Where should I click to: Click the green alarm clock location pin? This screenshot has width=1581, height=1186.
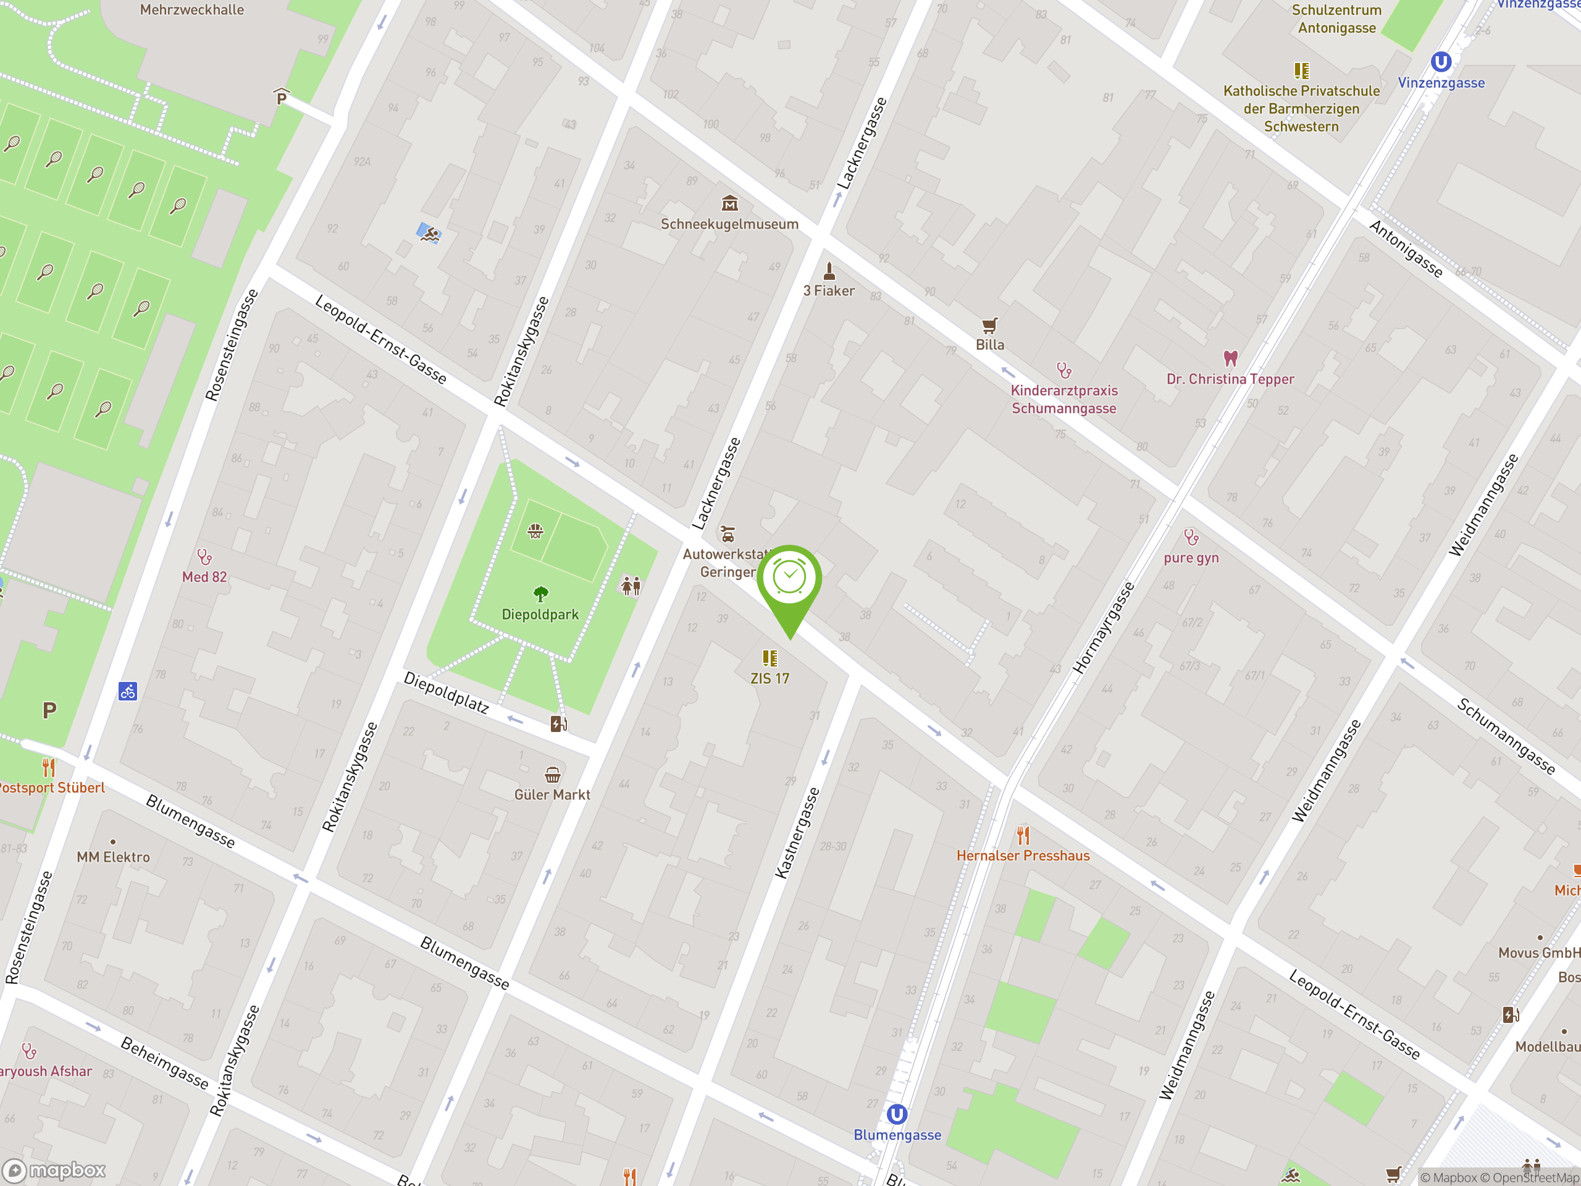(x=789, y=579)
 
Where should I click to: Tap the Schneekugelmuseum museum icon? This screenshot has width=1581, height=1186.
(x=729, y=204)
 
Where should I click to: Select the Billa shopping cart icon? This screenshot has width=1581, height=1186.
(x=989, y=326)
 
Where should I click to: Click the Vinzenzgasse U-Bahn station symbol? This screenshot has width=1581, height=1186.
(x=1440, y=62)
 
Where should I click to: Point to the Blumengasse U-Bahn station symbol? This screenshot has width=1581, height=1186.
(x=896, y=1114)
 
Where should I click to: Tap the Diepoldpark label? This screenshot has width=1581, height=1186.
(x=540, y=614)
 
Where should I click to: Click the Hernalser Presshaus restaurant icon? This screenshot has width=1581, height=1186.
(x=1023, y=835)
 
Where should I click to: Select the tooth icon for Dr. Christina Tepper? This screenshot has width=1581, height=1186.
(x=1230, y=358)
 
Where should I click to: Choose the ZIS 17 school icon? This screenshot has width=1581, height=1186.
(x=769, y=658)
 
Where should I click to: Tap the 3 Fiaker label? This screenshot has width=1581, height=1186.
(x=828, y=291)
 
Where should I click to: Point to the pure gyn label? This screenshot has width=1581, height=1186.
(x=1191, y=558)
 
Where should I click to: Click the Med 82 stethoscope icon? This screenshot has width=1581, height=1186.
(x=204, y=556)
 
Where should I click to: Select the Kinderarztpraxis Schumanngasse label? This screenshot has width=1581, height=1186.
(x=1063, y=400)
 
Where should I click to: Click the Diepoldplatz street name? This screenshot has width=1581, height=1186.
(x=446, y=692)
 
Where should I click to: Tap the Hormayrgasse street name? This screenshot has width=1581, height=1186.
(x=1104, y=628)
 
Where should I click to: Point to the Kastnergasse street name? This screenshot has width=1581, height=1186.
(x=797, y=833)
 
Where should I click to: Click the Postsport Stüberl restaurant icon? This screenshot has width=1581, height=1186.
(x=49, y=768)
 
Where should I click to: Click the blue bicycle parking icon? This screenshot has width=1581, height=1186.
(x=128, y=691)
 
